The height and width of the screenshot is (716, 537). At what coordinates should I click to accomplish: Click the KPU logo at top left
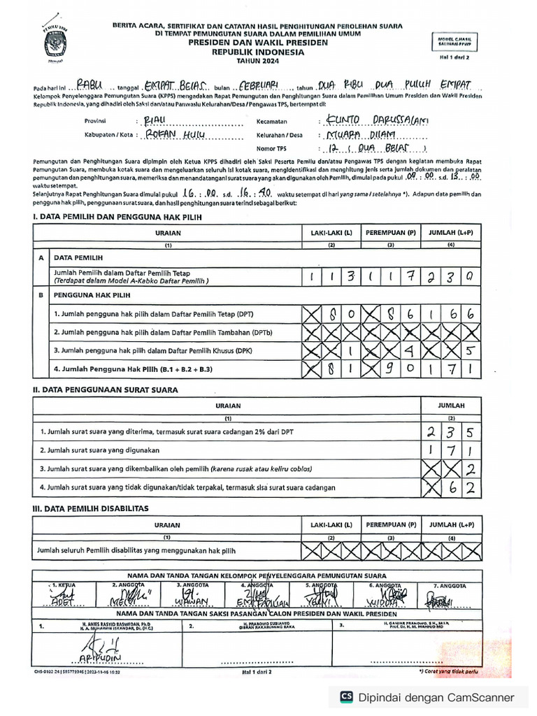(x=54, y=42)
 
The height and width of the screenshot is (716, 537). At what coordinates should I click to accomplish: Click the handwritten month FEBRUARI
(x=258, y=85)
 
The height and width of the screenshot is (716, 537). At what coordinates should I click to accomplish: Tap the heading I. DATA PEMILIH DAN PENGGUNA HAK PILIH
(x=117, y=217)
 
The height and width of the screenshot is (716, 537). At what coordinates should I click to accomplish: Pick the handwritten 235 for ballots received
(x=450, y=433)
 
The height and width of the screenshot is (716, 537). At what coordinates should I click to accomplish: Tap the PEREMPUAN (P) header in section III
(x=391, y=524)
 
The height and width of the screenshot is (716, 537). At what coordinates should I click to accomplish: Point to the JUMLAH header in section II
(x=451, y=405)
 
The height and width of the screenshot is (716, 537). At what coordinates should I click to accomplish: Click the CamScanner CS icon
(x=346, y=696)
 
